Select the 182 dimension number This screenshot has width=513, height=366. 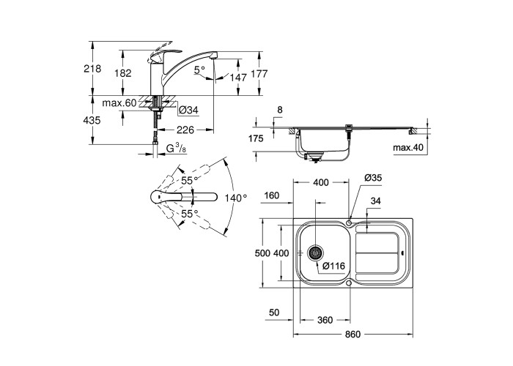click(125, 72)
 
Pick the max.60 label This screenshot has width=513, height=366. click(119, 103)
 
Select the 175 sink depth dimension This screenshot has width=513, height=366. click(256, 139)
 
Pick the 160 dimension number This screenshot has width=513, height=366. click(272, 195)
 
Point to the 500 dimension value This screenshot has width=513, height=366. click(262, 253)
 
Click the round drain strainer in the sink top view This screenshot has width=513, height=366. click(316, 253)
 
